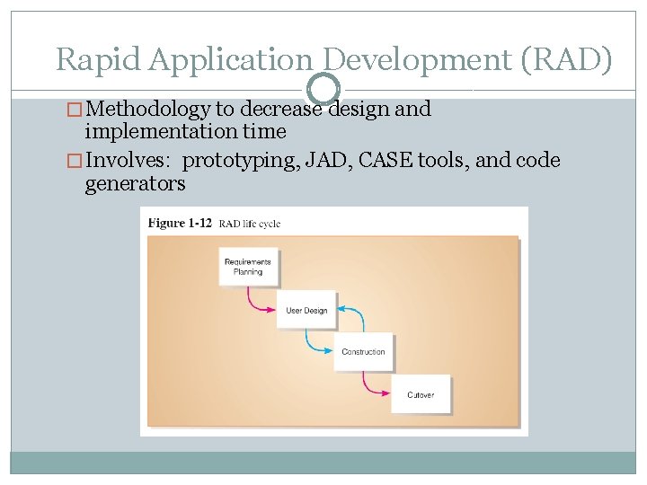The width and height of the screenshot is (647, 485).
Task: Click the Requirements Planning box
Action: (x=247, y=267)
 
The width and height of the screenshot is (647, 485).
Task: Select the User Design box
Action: (x=306, y=310)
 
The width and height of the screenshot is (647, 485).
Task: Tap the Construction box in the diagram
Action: (x=363, y=352)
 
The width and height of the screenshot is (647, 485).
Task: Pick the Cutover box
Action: (x=420, y=394)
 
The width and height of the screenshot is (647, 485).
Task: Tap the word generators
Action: (x=135, y=184)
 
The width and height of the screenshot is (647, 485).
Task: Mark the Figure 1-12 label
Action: (x=181, y=223)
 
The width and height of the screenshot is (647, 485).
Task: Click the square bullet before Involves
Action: (x=75, y=162)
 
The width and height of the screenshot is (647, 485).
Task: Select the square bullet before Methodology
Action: (x=75, y=110)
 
